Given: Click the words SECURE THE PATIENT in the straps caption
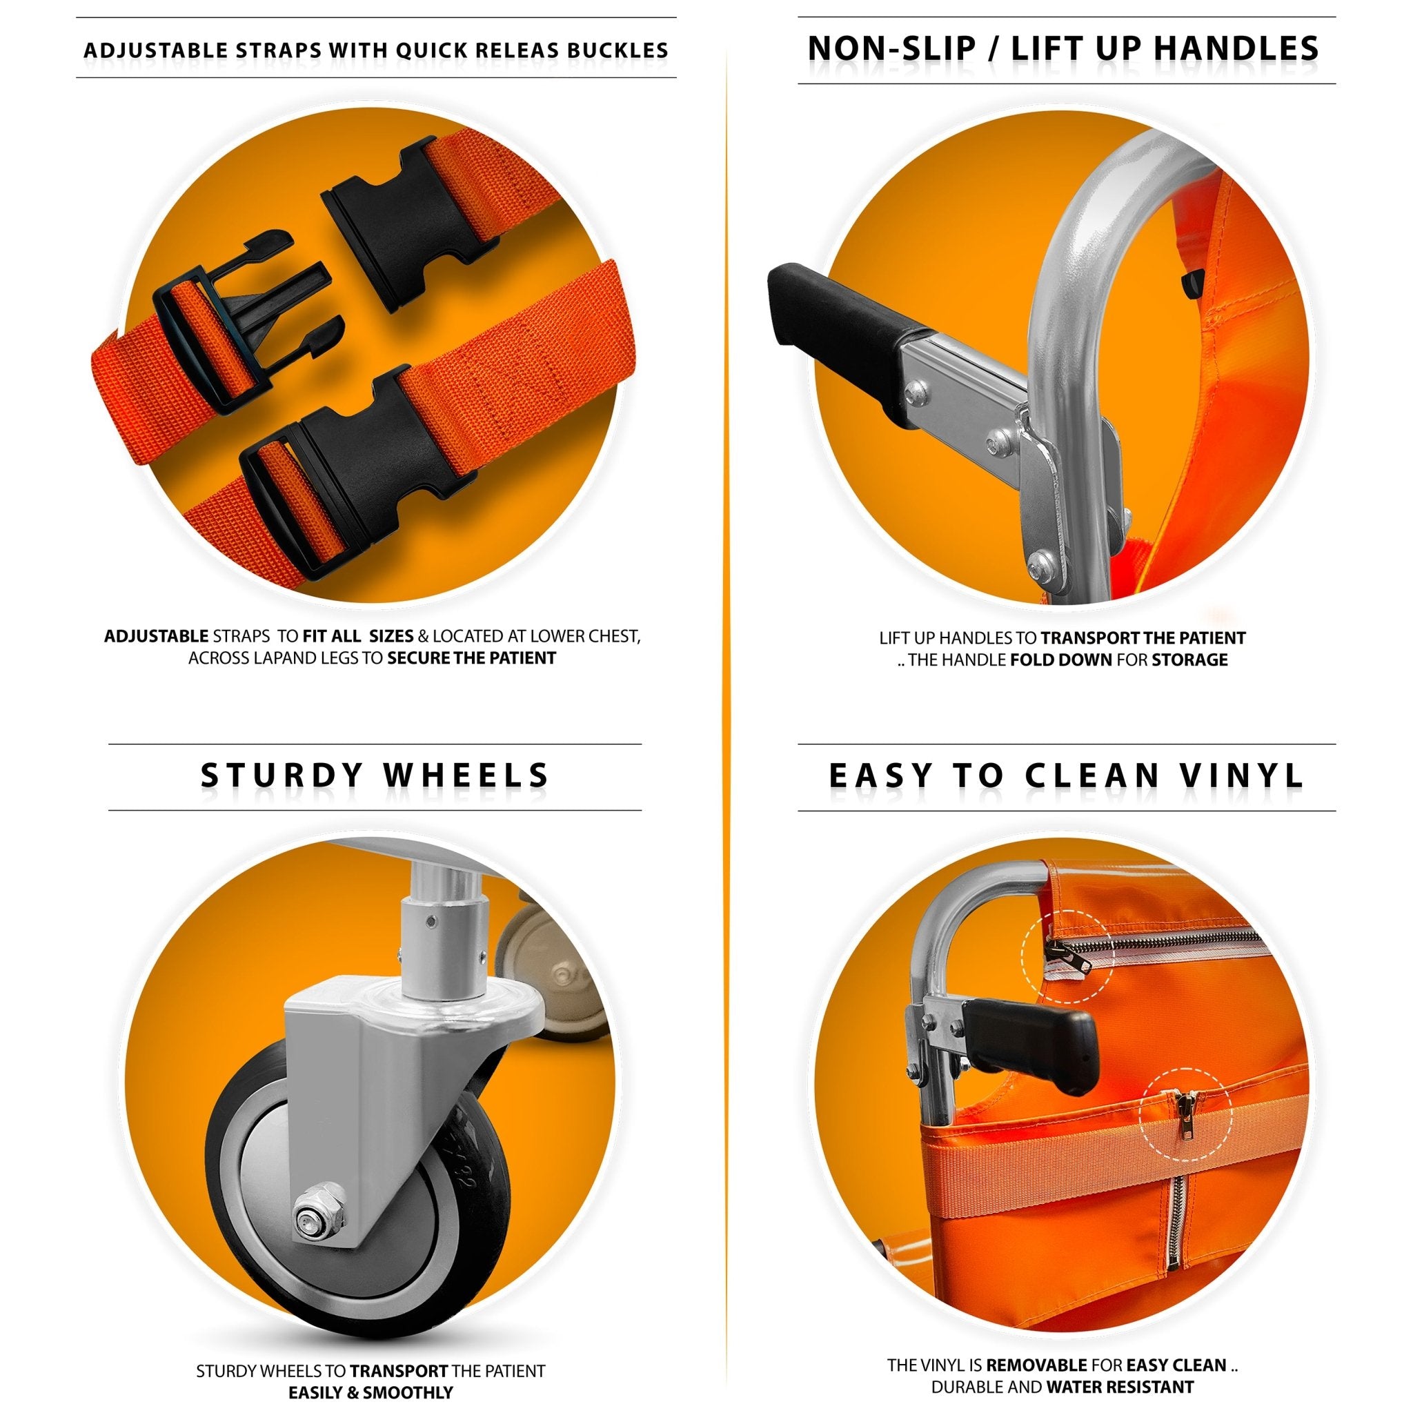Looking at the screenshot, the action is click(x=471, y=658).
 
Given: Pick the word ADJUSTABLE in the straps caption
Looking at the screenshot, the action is click(x=157, y=636).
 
